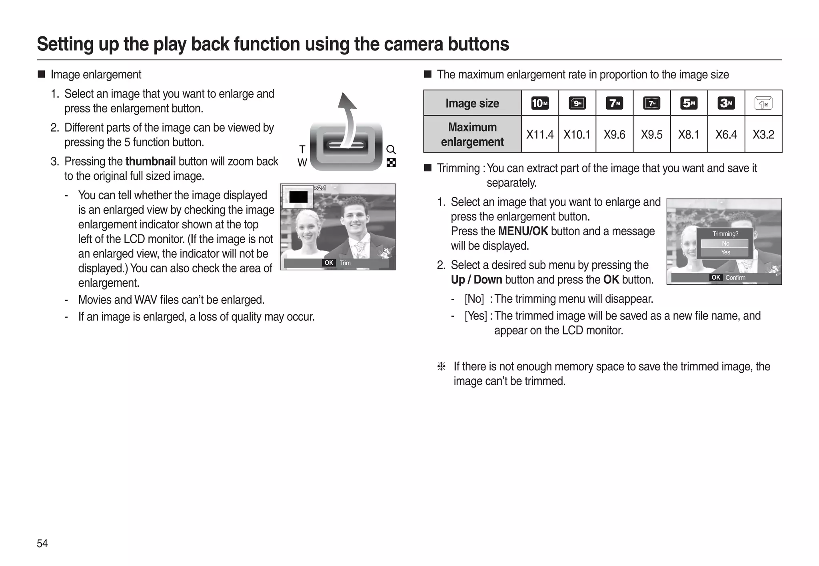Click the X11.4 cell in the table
click(539, 134)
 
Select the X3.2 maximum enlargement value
click(763, 134)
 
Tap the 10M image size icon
click(539, 103)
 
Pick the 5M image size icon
click(689, 103)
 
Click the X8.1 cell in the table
click(689, 134)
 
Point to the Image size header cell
click(472, 103)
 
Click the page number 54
click(42, 543)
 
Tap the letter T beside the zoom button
click(302, 150)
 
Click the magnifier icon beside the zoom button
click(391, 150)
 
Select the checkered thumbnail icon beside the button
click(391, 163)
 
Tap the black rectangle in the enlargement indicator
click(298, 197)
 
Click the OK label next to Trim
click(329, 263)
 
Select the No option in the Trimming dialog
click(725, 244)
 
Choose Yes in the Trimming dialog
click(725, 252)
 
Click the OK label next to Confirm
click(716, 278)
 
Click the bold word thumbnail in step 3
click(150, 161)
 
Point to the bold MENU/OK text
click(523, 231)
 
